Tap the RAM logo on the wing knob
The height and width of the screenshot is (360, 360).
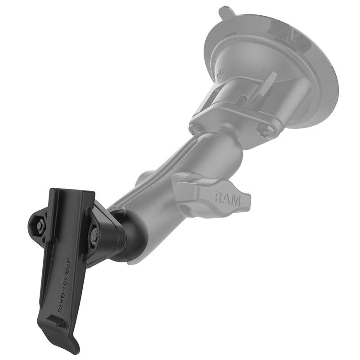tap(225, 197)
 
